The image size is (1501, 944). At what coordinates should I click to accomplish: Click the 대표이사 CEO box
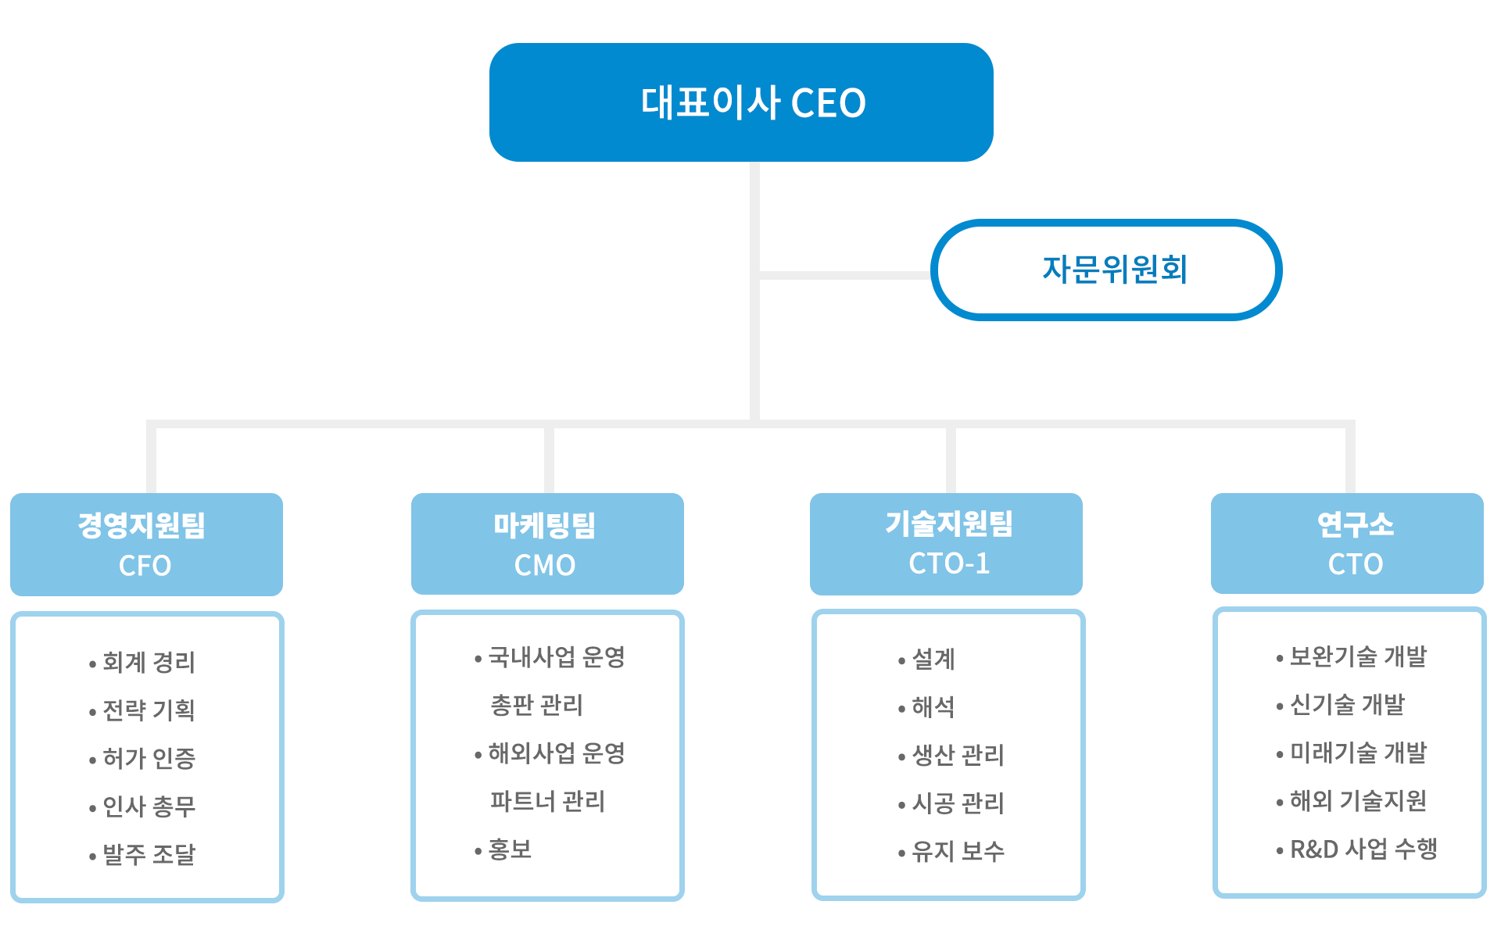point(741,102)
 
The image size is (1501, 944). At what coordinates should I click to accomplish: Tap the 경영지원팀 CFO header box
point(146,544)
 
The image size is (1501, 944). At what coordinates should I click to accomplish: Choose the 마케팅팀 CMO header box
point(547,544)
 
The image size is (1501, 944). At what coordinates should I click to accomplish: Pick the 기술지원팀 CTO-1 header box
point(946,544)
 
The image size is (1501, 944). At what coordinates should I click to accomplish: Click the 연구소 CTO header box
point(1347,543)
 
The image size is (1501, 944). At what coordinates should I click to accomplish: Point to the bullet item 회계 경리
point(142,663)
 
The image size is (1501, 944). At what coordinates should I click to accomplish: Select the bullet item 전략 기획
point(142,710)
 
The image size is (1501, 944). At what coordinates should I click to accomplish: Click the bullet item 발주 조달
point(142,854)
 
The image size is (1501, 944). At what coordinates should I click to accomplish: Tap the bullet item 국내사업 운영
point(550,657)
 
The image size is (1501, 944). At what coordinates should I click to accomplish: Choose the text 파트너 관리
point(547,801)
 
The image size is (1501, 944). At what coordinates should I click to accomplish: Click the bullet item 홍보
point(503,849)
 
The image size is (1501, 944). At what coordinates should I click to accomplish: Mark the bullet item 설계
point(926,660)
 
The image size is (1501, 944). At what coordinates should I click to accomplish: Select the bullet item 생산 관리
point(951,755)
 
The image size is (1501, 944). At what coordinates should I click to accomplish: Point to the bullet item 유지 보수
point(951,851)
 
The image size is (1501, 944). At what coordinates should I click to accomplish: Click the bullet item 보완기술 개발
point(1351,656)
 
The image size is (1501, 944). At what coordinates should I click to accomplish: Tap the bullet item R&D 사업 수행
point(1356,849)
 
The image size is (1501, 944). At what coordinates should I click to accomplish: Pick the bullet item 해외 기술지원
point(1351,800)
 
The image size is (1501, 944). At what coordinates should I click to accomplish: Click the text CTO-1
point(949,563)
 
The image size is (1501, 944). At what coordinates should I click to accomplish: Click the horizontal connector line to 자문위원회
point(845,275)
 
